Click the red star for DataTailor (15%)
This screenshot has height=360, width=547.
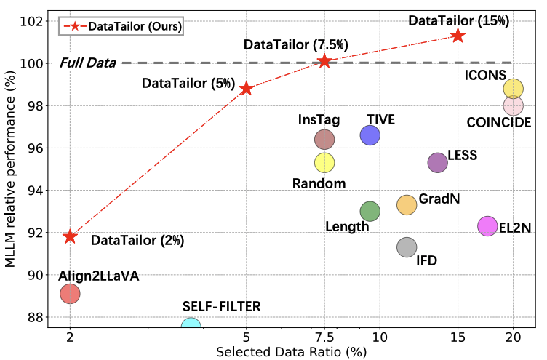pyautogui.click(x=458, y=35)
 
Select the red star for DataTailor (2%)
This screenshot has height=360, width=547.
pyautogui.click(x=70, y=236)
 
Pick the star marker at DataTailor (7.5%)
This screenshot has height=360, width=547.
pyautogui.click(x=324, y=60)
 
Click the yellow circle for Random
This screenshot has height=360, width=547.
pyautogui.click(x=324, y=162)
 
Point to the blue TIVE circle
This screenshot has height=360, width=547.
pyautogui.click(x=370, y=135)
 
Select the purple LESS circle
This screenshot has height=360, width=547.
pyautogui.click(x=437, y=162)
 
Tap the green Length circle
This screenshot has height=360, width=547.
pyautogui.click(x=370, y=211)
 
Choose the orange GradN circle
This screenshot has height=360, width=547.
pyautogui.click(x=406, y=204)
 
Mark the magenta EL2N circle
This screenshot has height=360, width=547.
pyautogui.click(x=487, y=226)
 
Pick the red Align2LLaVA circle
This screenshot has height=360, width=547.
pyautogui.click(x=70, y=294)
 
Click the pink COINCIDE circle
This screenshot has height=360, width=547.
pyautogui.click(x=513, y=105)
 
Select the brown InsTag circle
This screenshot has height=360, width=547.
pyautogui.click(x=324, y=139)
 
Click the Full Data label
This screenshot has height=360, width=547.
pyautogui.click(x=88, y=63)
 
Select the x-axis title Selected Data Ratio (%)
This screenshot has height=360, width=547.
pyautogui.click(x=291, y=351)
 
